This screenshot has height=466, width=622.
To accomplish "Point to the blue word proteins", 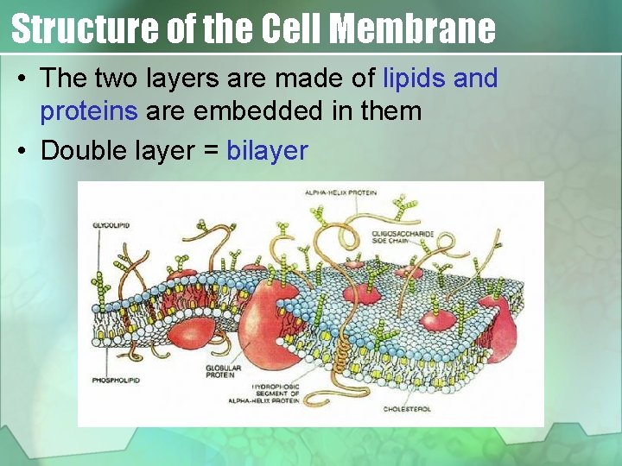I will click(89, 111).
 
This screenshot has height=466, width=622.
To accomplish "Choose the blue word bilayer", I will click(267, 151).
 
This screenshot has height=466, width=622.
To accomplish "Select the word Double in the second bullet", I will click(79, 151).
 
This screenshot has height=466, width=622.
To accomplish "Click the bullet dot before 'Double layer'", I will click(22, 152).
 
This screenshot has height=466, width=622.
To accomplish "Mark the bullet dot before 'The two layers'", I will click(22, 79).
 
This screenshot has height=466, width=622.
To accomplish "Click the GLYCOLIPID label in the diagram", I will click(111, 224).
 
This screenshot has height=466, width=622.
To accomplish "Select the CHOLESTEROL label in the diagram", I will click(408, 408).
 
